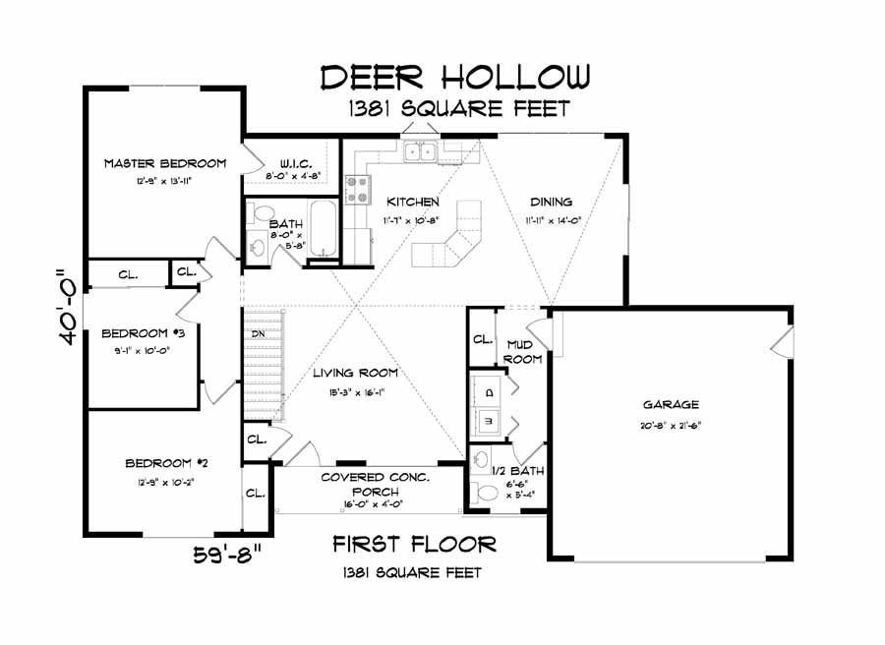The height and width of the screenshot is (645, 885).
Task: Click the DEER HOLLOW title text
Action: pos(456,77)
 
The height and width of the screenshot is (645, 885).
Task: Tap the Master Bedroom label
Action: pos(165,163)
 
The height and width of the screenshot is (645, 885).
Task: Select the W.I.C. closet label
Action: pos(296,163)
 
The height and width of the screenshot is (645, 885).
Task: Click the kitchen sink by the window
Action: pos(421,151)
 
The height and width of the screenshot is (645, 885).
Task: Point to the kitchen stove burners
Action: pos(358,189)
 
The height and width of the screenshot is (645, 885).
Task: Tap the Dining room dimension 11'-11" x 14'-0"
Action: pos(550,220)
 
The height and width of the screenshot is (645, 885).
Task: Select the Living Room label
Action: pos(356,373)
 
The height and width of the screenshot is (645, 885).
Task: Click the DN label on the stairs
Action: pos(258,334)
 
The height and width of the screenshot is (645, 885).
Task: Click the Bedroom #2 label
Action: pos(165,463)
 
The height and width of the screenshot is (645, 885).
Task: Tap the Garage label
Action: pos(671,404)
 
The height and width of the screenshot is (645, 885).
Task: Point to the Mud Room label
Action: pos(523,351)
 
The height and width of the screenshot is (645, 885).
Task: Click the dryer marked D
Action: pos(489,391)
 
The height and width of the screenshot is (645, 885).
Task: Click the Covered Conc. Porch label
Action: pos(376,485)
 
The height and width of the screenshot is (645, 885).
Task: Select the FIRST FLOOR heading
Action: pos(413,544)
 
